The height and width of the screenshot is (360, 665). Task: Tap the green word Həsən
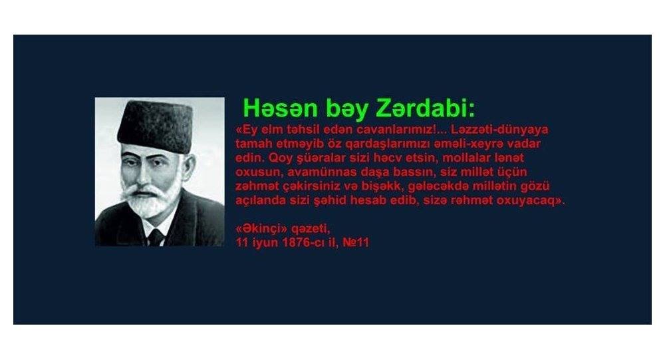pos(281,108)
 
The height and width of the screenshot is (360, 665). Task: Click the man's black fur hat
pos(155,126)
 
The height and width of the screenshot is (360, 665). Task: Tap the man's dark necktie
pos(155,237)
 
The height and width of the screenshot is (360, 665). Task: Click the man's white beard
pos(148,205)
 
